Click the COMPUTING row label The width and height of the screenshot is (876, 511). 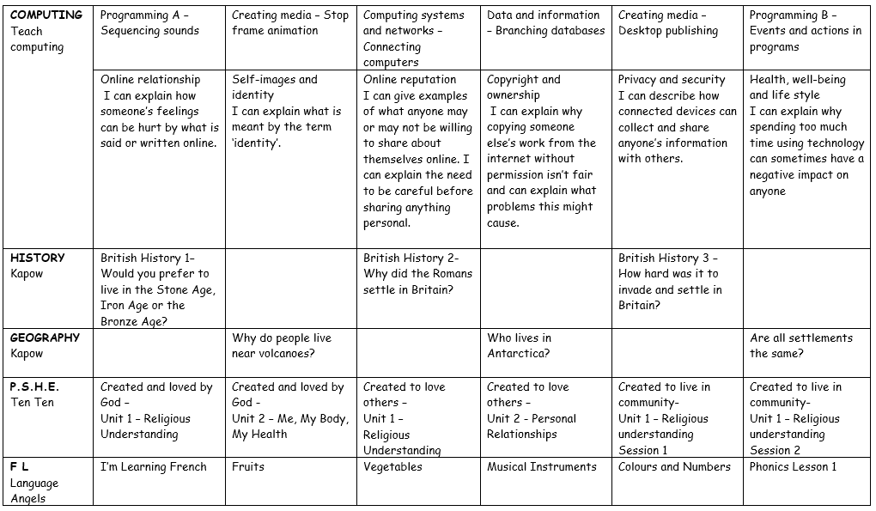pyautogui.click(x=46, y=15)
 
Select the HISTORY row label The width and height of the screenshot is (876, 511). pyautogui.click(x=38, y=258)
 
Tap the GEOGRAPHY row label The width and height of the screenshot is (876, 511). pyautogui.click(x=46, y=338)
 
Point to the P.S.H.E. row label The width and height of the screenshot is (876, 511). pyautogui.click(x=35, y=386)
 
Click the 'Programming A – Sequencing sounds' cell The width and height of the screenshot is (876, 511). pyautogui.click(x=150, y=23)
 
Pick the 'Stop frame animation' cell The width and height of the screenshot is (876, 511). pyautogui.click(x=290, y=23)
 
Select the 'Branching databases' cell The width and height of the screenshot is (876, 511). pyautogui.click(x=544, y=23)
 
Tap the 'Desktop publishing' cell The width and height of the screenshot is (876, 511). pyautogui.click(x=668, y=23)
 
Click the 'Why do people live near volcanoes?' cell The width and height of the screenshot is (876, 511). pyautogui.click(x=282, y=345)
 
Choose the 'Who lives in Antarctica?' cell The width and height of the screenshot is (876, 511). pyautogui.click(x=520, y=345)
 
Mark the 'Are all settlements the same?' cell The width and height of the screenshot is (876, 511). pyautogui.click(x=800, y=345)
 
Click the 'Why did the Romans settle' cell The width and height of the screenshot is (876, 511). pyautogui.click(x=417, y=274)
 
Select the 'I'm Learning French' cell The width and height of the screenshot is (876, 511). pyautogui.click(x=154, y=466)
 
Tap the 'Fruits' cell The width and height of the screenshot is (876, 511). pyautogui.click(x=248, y=466)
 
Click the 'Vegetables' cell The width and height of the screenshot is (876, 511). pyautogui.click(x=392, y=466)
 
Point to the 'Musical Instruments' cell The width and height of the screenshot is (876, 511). pyautogui.click(x=542, y=466)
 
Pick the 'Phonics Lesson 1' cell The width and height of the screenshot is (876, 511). pyautogui.click(x=793, y=466)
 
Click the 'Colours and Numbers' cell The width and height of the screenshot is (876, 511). pyautogui.click(x=674, y=466)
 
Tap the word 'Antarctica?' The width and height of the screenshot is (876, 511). pyautogui.click(x=519, y=354)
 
